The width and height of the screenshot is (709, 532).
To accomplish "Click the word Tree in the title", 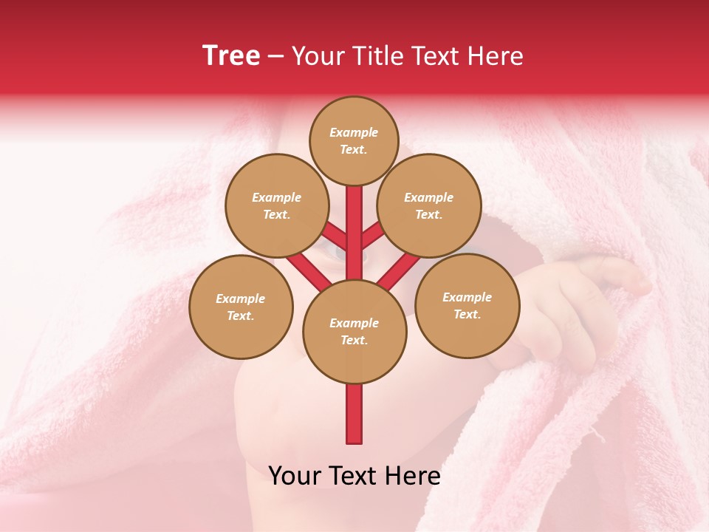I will [231, 56].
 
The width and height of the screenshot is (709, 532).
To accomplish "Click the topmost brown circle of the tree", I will [354, 140].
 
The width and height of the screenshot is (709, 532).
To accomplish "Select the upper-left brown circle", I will [276, 205].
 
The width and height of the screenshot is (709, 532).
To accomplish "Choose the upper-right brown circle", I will [428, 205].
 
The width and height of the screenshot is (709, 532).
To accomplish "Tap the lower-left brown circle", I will [241, 307].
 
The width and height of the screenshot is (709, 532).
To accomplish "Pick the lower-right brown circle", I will [467, 305].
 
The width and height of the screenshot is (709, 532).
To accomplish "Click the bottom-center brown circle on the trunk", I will [354, 331].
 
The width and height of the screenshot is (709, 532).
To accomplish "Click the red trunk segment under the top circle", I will [354, 222].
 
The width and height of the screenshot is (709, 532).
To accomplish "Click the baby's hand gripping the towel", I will [583, 303].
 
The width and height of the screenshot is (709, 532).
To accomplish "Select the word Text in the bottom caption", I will [355, 476].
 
